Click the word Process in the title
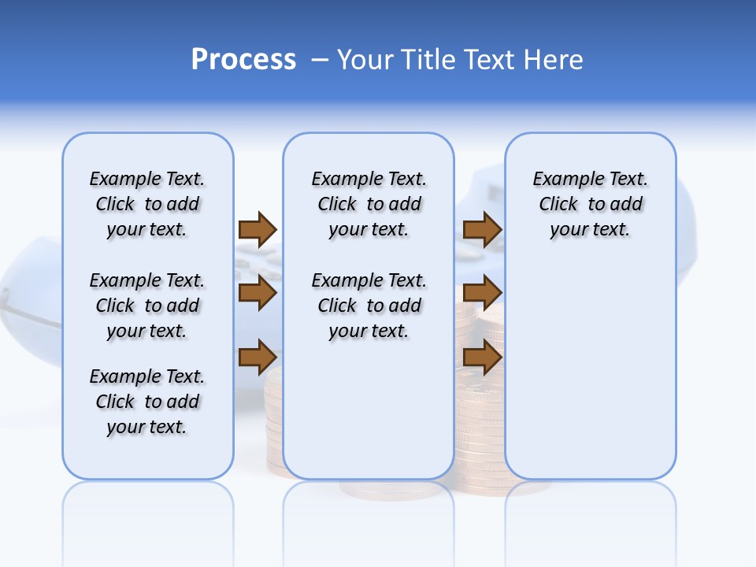(243, 60)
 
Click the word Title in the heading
(426, 60)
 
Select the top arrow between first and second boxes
(258, 229)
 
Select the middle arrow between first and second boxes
(258, 293)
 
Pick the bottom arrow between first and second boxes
(258, 357)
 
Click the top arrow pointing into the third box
(482, 229)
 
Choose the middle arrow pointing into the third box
(482, 293)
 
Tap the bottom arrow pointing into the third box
(482, 357)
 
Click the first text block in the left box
(147, 204)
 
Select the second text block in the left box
(147, 306)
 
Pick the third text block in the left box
(147, 402)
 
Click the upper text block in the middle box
(369, 204)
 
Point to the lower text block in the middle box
(369, 306)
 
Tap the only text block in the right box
(591, 204)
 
